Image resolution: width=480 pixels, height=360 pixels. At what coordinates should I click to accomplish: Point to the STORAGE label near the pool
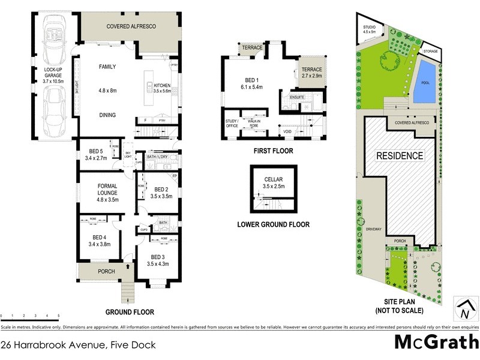tap(430, 52)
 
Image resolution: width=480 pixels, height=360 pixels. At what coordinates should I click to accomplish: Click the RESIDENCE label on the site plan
tap(400, 156)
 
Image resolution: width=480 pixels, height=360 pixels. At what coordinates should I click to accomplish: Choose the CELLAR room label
tap(273, 179)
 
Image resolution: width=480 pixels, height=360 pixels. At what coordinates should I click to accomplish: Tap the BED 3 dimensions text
tap(159, 264)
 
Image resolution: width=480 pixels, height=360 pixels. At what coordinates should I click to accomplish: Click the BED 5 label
tap(96, 151)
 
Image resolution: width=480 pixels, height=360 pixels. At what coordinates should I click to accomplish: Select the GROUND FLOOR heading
tap(130, 312)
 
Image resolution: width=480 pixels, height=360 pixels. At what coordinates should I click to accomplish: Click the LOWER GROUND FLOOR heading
tap(273, 225)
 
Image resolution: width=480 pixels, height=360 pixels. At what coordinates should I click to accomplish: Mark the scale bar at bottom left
tap(30, 315)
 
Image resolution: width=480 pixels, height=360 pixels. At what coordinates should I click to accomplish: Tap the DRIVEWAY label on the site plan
tap(373, 229)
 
